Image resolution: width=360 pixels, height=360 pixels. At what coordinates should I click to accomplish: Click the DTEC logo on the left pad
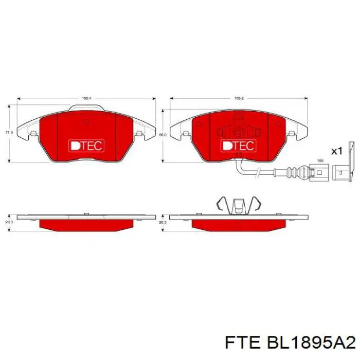pyautogui.click(x=86, y=146)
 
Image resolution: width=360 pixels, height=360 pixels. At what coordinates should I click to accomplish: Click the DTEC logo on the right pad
pyautogui.click(x=238, y=146)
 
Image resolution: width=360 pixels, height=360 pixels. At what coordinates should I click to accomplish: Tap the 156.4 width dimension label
pyautogui.click(x=86, y=98)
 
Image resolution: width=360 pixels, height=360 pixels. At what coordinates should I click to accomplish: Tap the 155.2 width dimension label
pyautogui.click(x=239, y=98)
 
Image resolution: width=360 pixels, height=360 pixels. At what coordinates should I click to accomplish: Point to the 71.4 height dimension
pyautogui.click(x=8, y=133)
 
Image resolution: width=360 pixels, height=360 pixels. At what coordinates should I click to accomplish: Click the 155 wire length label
pyautogui.click(x=319, y=160)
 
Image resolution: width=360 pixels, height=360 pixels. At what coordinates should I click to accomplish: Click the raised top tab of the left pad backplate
pyautogui.click(x=86, y=107)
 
